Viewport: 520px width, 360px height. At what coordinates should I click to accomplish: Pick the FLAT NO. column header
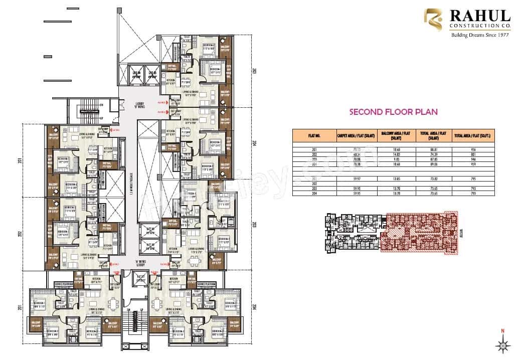pyautogui.click(x=314, y=135)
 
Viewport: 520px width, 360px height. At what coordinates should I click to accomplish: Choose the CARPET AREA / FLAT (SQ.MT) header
pyautogui.click(x=357, y=135)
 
